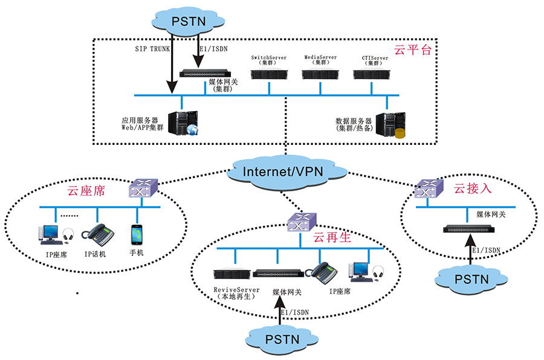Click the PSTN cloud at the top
tap(188, 22)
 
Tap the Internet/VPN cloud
tap(286, 172)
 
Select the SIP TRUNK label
tap(152, 49)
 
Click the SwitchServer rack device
tap(269, 74)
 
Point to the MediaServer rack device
tap(320, 74)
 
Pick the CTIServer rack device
tap(372, 74)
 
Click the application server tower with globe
tap(183, 123)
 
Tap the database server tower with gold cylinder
tap(390, 125)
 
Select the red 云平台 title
tap(412, 50)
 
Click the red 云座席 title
tap(86, 191)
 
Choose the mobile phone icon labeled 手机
tap(137, 235)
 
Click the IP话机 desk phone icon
tap(98, 235)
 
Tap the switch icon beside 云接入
tap(429, 188)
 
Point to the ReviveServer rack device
tap(232, 274)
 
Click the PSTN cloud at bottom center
tap(282, 339)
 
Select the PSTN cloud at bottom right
tap(471, 280)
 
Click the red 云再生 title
tap(332, 237)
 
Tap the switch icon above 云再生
tap(302, 222)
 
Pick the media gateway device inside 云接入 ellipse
tap(468, 229)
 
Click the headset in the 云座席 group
tap(68, 234)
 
